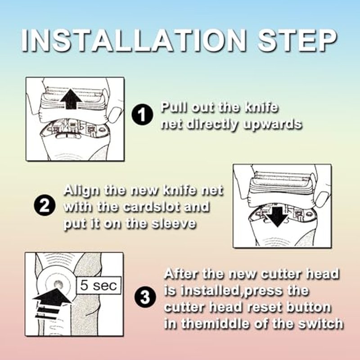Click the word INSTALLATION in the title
[134, 41]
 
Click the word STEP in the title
[297, 41]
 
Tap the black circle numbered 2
[45, 205]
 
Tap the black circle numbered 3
[145, 297]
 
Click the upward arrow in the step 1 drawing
[71, 99]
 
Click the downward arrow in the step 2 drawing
[277, 217]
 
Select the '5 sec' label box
[99, 285]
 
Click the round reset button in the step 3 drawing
[58, 285]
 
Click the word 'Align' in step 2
[82, 191]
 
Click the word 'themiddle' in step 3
[204, 324]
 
